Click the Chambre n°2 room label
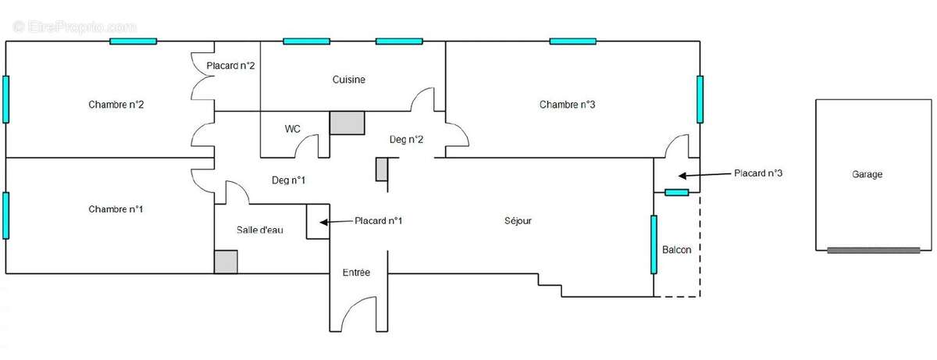coord(116,105)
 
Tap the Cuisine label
coord(349,80)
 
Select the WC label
coord(292,129)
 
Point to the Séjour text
coord(518,221)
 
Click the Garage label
coord(868,174)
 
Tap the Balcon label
coord(676,250)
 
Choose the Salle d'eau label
coord(260,230)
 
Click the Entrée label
coord(356,273)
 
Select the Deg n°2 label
coord(406,140)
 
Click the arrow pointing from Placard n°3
coord(704,175)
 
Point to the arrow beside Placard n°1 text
coord(337,222)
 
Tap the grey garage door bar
coord(874,251)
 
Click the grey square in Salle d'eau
coord(226,262)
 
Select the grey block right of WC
coord(347,123)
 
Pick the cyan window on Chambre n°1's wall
coord(6,216)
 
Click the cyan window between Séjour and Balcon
coord(654,244)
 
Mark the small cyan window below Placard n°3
coord(676,192)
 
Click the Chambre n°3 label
coord(567,105)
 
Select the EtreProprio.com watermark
coord(74,27)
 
